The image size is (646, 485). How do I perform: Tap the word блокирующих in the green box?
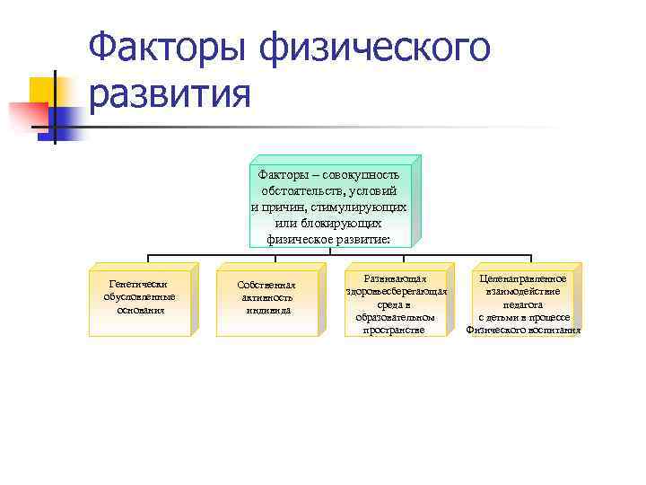click(x=345, y=224)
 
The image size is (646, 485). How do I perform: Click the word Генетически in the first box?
click(x=138, y=284)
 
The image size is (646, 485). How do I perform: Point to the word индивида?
click(x=266, y=311)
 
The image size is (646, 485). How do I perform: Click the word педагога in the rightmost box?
click(x=523, y=304)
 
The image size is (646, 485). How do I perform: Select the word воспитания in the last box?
click(x=554, y=330)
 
